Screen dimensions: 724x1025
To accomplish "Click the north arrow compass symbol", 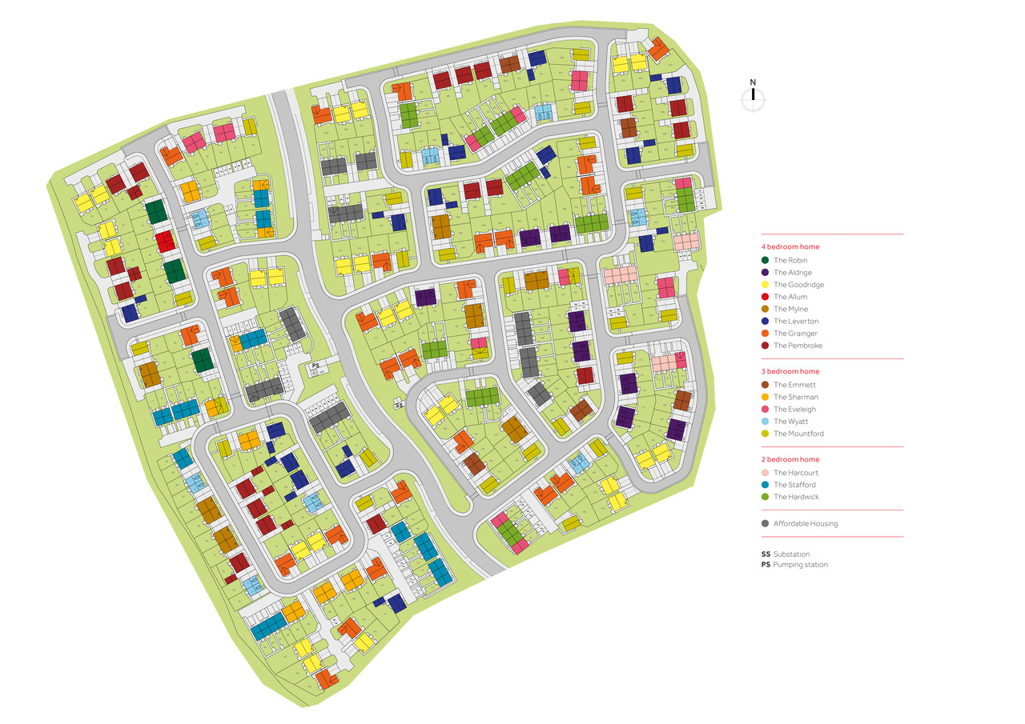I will pos(753,98).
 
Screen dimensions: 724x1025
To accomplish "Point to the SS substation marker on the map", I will pos(399,406).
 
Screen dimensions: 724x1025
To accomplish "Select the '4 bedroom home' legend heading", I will pos(790,247).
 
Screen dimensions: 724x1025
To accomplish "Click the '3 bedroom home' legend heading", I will pos(790,372).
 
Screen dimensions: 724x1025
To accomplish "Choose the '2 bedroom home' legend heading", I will pos(790,460).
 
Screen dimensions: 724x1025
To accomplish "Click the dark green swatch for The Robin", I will pos(766,261).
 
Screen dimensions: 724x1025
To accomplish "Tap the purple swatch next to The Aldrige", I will pos(766,273).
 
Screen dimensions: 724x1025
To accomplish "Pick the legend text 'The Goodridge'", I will pos(798,285).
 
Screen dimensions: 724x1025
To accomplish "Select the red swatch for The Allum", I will pos(766,297).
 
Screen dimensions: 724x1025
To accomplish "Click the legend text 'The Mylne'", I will pos(790,310).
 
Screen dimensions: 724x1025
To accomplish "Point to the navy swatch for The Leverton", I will pos(766,322).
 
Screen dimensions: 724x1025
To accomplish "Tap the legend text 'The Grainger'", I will pos(795,334).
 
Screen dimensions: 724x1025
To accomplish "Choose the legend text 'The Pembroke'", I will pos(798,346).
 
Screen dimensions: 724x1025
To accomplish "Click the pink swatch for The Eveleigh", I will pos(766,410).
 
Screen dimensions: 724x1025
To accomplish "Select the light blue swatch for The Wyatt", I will pos(766,422).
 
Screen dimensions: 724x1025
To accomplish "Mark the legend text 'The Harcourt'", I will pos(796,473).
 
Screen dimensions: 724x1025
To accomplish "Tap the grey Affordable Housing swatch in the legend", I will pos(766,524).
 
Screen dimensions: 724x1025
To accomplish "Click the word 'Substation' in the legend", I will pos(791,554).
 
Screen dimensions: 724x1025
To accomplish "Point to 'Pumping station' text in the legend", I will pos(800,565).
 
